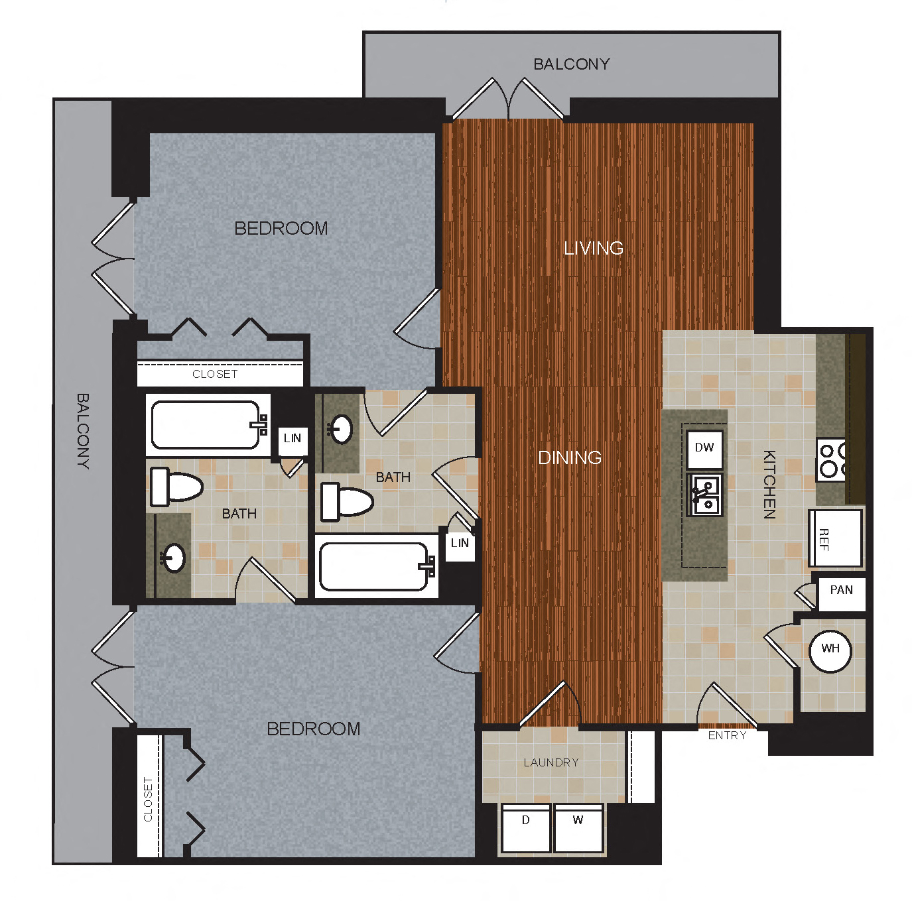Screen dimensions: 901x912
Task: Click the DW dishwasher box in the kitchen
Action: pos(704,448)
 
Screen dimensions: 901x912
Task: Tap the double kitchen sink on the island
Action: pos(706,495)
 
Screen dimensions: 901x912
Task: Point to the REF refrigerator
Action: pos(835,538)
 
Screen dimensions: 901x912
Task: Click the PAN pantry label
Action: pos(841,590)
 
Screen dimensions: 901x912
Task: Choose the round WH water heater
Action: pos(830,649)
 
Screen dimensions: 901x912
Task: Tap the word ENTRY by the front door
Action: pos(727,735)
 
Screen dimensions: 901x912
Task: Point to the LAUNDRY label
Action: pos(551,762)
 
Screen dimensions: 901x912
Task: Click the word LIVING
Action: pos(594,249)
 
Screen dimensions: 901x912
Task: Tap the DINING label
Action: pos(570,457)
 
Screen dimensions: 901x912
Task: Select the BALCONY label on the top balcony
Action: pos(571,64)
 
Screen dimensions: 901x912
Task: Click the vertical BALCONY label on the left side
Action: pos(83,431)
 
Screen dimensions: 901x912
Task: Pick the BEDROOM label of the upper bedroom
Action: pos(281,229)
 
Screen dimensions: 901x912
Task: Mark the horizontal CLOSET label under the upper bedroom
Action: pos(215,375)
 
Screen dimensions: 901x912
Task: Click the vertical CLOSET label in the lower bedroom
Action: pos(148,799)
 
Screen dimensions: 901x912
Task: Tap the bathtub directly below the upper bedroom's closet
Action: pos(207,425)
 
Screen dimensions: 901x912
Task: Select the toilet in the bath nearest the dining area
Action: pos(347,501)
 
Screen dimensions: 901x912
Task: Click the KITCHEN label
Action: pos(769,484)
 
